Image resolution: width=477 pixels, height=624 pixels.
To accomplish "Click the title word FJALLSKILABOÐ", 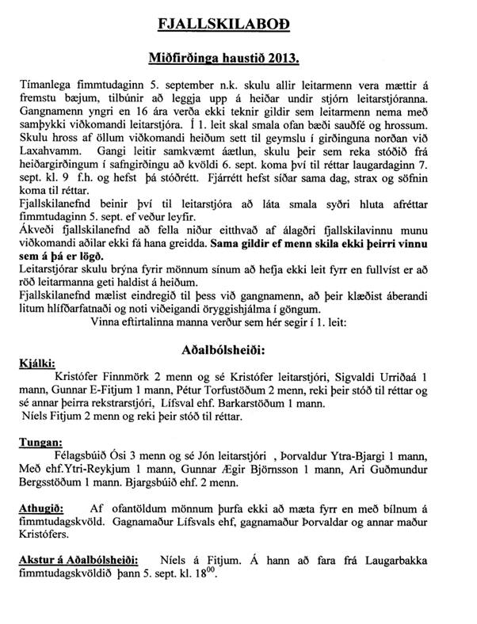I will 238,25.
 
